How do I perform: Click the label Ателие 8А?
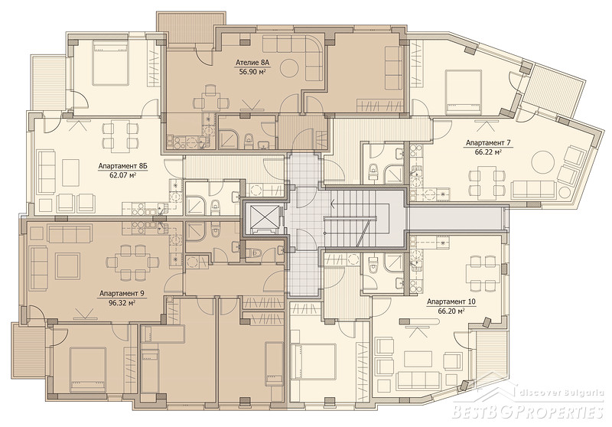pyautogui.click(x=253, y=63)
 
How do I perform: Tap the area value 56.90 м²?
pyautogui.click(x=253, y=71)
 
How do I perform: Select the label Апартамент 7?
pyautogui.click(x=488, y=143)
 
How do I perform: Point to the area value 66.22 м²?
pyautogui.click(x=488, y=152)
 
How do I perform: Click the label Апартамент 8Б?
pyautogui.click(x=122, y=166)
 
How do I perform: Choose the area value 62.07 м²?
pyautogui.click(x=122, y=175)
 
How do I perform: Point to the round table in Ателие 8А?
pyautogui.click(x=291, y=68)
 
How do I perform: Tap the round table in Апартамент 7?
pyautogui.click(x=543, y=161)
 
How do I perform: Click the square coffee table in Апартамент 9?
pyautogui.click(x=68, y=266)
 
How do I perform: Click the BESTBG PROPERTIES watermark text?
pyautogui.click(x=528, y=411)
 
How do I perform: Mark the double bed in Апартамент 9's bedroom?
pyautogui.click(x=88, y=370)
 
